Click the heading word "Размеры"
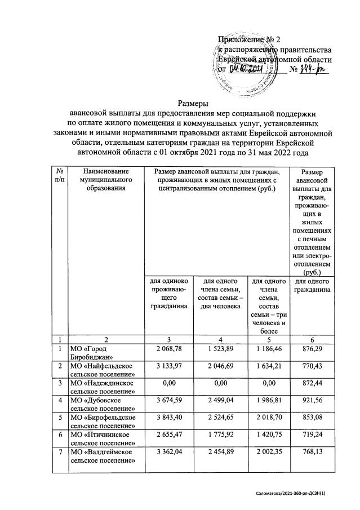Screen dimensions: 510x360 (x=193, y=103)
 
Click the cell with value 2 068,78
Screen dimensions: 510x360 (x=165, y=349)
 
